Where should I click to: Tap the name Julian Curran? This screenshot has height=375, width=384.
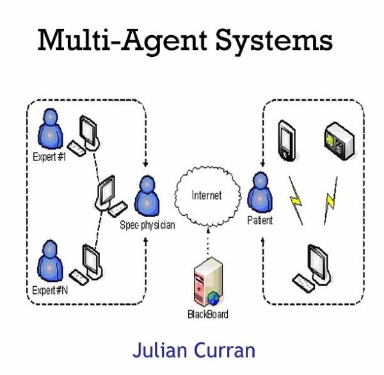(x=194, y=349)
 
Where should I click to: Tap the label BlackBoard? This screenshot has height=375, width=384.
(x=207, y=314)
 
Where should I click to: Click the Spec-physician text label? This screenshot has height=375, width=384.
(x=147, y=226)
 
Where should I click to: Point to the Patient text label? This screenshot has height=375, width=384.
(x=260, y=220)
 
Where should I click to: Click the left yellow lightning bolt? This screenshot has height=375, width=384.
(x=296, y=200)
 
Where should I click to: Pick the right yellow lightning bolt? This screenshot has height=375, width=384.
(x=330, y=200)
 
